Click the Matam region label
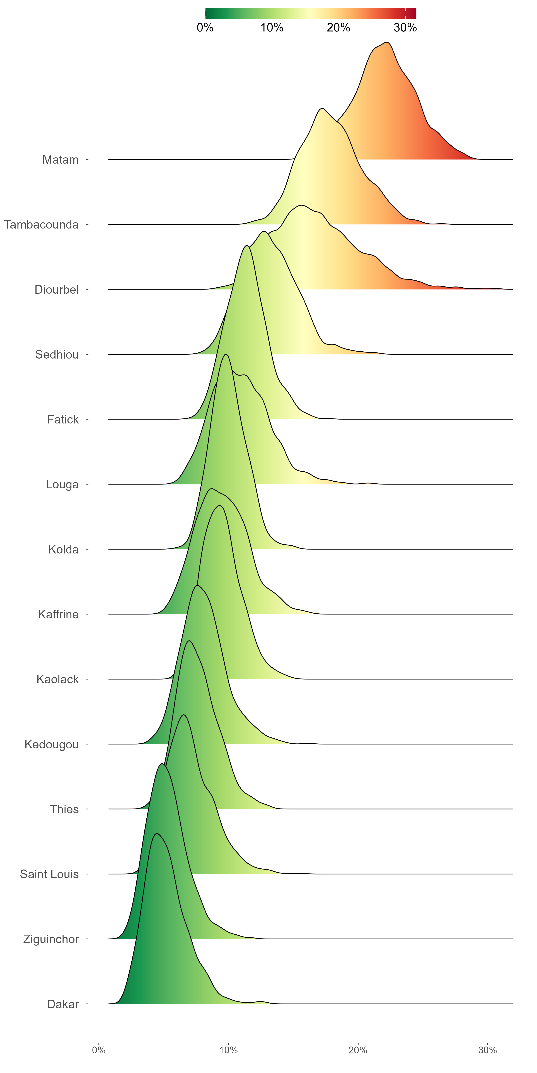point(61,160)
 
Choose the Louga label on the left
point(62,484)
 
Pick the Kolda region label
point(63,549)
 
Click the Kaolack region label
point(57,679)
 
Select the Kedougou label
point(52,744)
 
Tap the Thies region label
point(64,809)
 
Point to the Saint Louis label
point(49,874)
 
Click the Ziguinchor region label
point(51,939)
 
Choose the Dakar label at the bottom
point(63,1004)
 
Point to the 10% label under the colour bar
point(272,28)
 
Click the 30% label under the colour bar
point(405,28)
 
